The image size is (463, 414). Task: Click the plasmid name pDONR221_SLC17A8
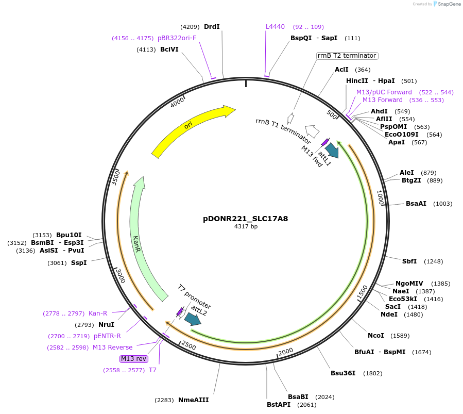[246, 218]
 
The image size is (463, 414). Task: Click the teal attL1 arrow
[332, 150]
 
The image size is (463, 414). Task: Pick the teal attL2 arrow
[193, 320]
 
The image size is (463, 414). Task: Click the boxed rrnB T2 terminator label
[347, 56]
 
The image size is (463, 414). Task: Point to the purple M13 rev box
[133, 358]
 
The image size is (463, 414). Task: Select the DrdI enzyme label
[212, 27]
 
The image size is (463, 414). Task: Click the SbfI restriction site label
[409, 261]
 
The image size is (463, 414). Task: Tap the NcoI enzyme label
[376, 336]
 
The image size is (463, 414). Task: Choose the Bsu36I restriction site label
[343, 373]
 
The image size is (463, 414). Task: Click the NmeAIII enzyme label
[194, 400]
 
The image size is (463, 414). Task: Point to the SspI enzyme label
[79, 263]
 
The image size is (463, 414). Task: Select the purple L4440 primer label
[275, 27]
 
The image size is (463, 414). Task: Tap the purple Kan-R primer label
[98, 313]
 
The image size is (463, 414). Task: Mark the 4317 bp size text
[246, 226]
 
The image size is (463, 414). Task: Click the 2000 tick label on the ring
[285, 352]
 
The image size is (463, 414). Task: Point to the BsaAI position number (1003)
[442, 204]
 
